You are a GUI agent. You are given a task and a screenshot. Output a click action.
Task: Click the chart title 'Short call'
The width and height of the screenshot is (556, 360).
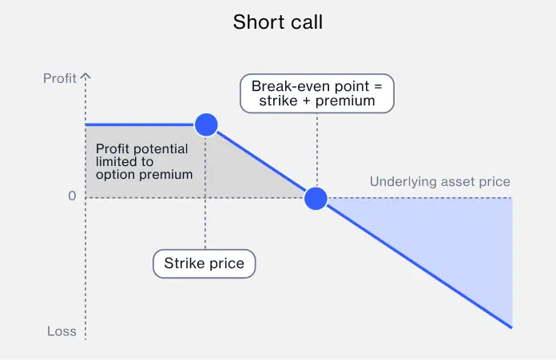[278, 22]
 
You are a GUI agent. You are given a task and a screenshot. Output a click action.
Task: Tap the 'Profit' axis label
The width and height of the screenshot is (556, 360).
[60, 78]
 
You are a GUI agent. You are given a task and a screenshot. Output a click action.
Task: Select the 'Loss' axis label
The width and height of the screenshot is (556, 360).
[62, 331]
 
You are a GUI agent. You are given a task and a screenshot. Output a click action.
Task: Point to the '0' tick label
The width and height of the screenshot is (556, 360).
[71, 196]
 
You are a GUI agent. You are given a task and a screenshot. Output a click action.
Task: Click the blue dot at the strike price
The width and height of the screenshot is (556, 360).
[206, 125]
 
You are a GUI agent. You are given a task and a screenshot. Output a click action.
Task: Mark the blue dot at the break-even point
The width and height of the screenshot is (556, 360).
[316, 198]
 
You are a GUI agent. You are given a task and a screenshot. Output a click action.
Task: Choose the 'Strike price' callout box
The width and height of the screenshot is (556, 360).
[205, 263]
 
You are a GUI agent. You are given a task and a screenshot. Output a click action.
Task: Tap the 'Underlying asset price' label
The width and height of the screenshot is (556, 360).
[439, 182]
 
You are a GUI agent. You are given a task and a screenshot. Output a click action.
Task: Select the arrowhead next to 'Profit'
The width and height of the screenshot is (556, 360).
[85, 77]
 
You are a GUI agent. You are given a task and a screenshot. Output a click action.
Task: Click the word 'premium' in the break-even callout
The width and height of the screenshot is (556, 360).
[345, 101]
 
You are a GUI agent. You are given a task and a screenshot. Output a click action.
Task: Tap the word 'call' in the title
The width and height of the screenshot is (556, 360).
[308, 22]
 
